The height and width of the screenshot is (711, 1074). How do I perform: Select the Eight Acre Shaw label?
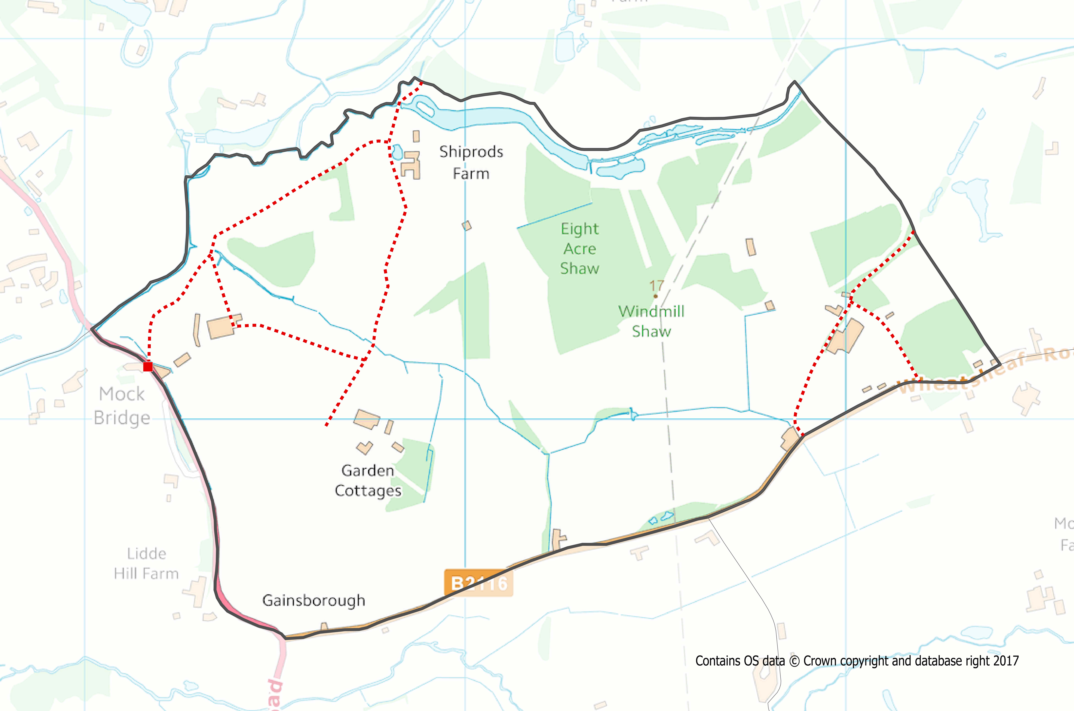[x=580, y=248]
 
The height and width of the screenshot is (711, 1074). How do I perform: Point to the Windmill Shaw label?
[x=651, y=321]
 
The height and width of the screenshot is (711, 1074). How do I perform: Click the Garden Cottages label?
[x=368, y=481]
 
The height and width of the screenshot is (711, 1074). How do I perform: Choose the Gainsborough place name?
[x=313, y=600]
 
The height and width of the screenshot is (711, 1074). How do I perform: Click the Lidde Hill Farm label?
[x=146, y=564]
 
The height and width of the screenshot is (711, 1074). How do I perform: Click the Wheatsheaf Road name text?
[x=984, y=370]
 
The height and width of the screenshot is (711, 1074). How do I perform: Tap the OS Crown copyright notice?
[x=857, y=661]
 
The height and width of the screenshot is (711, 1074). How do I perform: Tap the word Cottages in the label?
[x=368, y=491]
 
